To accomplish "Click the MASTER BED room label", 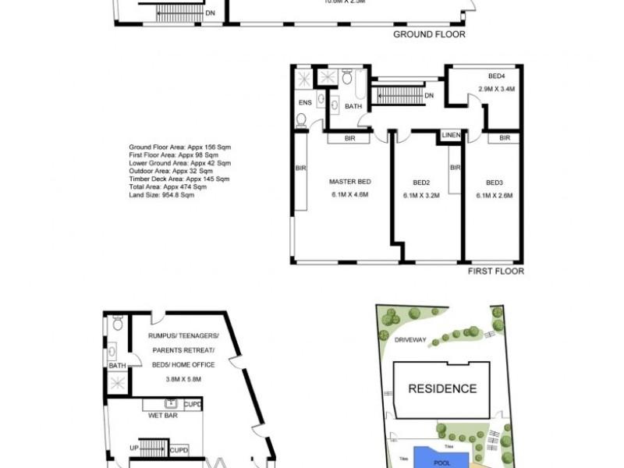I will [x=349, y=181].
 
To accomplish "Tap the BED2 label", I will [x=422, y=183].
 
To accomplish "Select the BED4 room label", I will [x=497, y=76].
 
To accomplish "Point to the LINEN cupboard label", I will [x=452, y=135].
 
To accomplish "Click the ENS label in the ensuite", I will [x=304, y=102].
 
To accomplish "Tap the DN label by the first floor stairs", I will [x=430, y=95].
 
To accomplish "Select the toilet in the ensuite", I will [x=301, y=119].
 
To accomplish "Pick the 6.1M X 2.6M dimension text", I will [x=494, y=196].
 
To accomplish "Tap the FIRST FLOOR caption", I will [x=495, y=271].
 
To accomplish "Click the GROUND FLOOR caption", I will [x=429, y=34].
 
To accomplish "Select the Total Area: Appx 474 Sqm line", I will [x=168, y=187].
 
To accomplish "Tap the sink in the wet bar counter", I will [x=170, y=403].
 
